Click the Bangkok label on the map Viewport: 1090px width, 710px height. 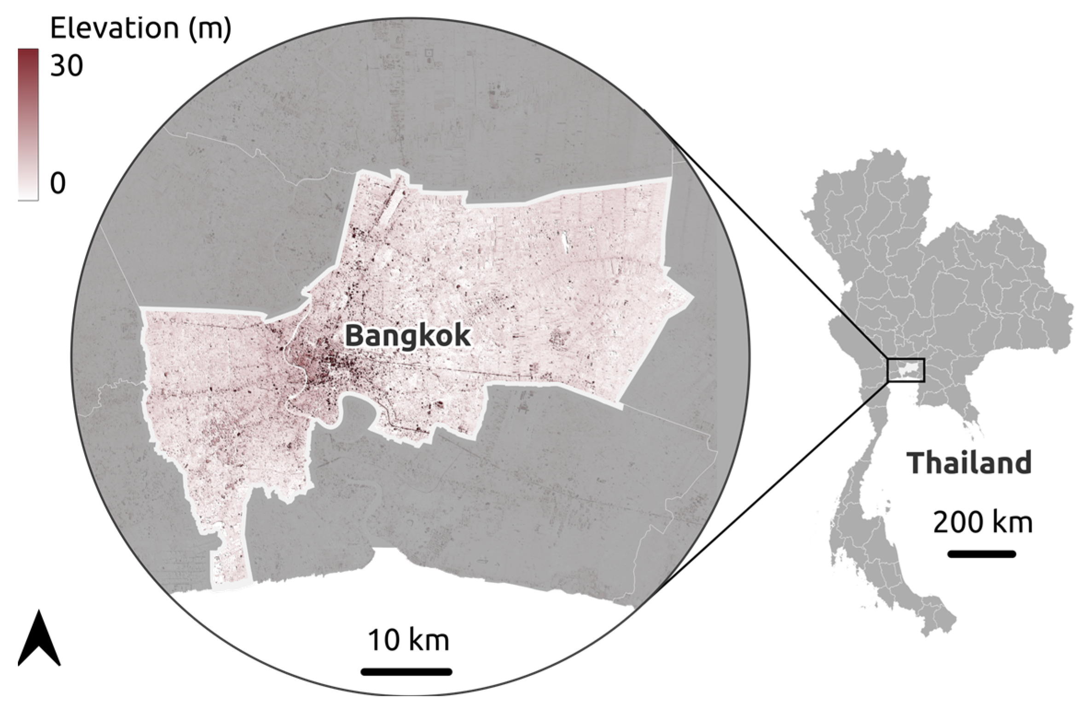(x=408, y=336)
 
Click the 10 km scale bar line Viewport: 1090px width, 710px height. (x=406, y=672)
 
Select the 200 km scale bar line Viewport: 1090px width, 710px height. (x=981, y=554)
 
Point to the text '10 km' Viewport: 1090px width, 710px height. (x=408, y=640)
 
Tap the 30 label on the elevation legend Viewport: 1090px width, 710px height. (x=67, y=66)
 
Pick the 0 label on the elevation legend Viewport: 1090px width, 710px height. (x=58, y=183)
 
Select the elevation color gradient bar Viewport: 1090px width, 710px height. (x=28, y=124)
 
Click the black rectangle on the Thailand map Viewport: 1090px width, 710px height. (x=906, y=370)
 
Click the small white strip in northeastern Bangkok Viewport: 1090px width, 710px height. (x=564, y=243)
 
